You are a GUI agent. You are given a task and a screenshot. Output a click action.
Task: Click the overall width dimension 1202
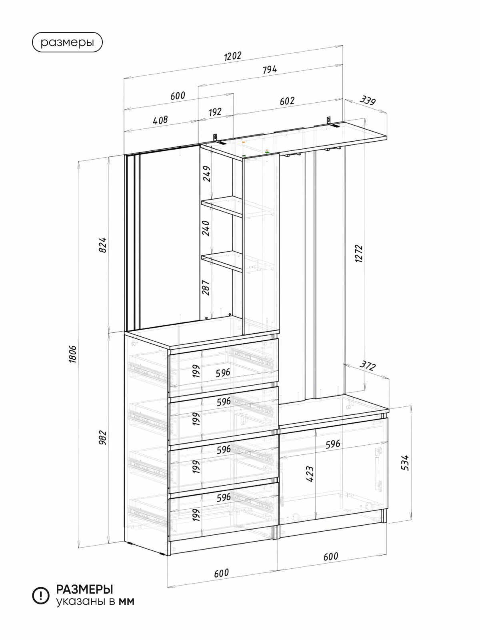[233, 56]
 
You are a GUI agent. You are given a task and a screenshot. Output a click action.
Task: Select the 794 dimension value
[270, 70]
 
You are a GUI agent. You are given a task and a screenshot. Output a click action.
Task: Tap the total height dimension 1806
[73, 354]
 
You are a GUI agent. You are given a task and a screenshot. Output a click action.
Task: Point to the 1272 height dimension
[359, 254]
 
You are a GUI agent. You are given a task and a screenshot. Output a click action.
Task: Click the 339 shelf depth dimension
[368, 100]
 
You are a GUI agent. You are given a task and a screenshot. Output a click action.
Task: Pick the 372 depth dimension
[367, 366]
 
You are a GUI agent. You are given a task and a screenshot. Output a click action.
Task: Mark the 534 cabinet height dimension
[405, 462]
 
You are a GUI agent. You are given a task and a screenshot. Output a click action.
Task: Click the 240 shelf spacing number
[206, 228]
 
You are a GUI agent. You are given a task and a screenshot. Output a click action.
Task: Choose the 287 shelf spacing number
[206, 288]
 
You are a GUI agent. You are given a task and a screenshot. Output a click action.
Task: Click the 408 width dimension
[160, 120]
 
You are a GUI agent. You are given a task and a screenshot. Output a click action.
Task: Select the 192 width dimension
[215, 112]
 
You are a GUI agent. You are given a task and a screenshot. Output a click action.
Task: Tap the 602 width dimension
[287, 101]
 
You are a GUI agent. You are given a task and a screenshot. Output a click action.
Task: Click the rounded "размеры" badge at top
[67, 42]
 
